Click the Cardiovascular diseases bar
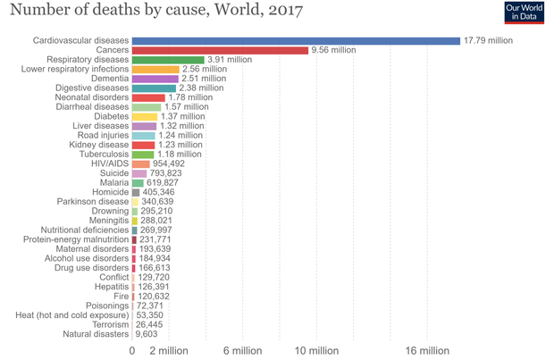pyautogui.click(x=295, y=40)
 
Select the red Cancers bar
pyautogui.click(x=220, y=50)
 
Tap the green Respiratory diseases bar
pyautogui.click(x=168, y=60)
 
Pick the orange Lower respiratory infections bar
pyautogui.click(x=155, y=69)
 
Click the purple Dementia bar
pyautogui.click(x=155, y=79)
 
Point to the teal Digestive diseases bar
pyautogui.click(x=154, y=88)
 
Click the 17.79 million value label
pyautogui.click(x=489, y=40)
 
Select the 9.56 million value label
pyautogui.click(x=333, y=50)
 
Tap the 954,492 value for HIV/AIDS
pyautogui.click(x=169, y=163)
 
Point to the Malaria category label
pyautogui.click(x=113, y=182)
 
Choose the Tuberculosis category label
pyautogui.click(x=102, y=155)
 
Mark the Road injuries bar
pyautogui.click(x=143, y=135)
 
